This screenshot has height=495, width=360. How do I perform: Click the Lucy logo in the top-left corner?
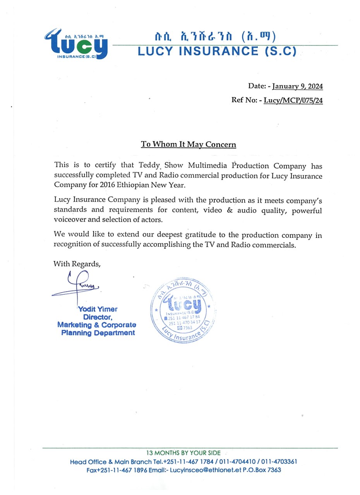[x=76, y=43]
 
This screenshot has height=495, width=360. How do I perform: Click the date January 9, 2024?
[x=297, y=86]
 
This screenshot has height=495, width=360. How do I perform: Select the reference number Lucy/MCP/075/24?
[x=293, y=101]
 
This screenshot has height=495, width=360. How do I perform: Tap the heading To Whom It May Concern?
[x=189, y=145]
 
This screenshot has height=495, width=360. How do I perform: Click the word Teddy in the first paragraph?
[x=149, y=166]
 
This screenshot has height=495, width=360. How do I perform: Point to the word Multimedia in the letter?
[x=208, y=166]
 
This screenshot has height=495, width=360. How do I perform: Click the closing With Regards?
[x=77, y=264]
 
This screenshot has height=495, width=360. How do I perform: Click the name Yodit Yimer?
[x=98, y=309]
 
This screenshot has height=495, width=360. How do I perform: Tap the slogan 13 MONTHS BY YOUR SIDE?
[x=183, y=453]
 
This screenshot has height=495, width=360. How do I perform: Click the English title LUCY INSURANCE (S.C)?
[x=217, y=51]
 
